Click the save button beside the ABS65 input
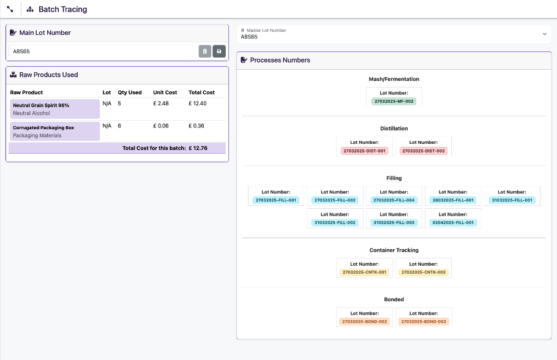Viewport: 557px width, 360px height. click(219, 51)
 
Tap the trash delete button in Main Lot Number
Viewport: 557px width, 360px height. click(205, 51)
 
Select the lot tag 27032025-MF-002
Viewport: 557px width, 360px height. click(394, 101)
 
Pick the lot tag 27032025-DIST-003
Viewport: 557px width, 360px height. click(424, 151)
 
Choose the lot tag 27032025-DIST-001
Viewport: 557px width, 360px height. click(364, 151)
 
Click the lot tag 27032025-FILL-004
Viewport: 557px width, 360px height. click(394, 200)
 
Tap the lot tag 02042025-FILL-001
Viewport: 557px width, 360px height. click(453, 222)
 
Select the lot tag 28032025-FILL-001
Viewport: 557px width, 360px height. click(453, 200)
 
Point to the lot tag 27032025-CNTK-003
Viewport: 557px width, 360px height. click(424, 272)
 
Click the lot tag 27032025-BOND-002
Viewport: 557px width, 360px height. click(364, 321)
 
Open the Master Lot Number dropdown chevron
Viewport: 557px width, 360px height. click(545, 34)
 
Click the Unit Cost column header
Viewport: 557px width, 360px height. click(165, 92)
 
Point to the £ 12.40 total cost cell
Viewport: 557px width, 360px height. click(198, 103)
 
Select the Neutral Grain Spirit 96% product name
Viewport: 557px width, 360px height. click(41, 105)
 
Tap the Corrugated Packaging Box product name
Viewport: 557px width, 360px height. click(43, 127)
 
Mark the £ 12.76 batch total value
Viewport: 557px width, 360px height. click(198, 148)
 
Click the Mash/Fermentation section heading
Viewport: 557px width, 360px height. click(394, 79)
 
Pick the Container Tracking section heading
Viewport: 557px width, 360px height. click(394, 250)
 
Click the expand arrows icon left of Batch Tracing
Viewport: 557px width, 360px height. click(10, 9)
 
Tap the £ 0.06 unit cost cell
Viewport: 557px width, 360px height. click(161, 126)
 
